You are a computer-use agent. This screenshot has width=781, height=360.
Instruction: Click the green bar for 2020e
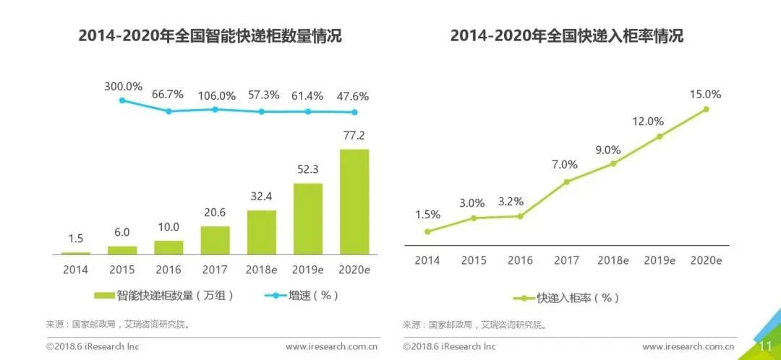click(354, 202)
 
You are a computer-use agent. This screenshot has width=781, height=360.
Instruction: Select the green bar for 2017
click(215, 240)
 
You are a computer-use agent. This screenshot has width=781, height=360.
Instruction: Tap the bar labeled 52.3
click(308, 218)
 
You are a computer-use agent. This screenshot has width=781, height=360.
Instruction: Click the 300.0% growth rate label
click(122, 86)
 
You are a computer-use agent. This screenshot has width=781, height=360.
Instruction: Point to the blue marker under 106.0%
click(215, 109)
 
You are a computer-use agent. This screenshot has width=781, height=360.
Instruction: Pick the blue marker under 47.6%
click(354, 112)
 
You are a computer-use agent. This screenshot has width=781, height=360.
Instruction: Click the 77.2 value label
click(354, 136)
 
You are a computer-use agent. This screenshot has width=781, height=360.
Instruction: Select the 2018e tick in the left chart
click(261, 270)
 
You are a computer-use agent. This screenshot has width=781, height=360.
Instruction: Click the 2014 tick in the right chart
click(427, 260)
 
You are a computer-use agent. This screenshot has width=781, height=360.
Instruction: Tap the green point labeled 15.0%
click(706, 109)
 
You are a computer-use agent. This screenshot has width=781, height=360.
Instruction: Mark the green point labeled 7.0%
click(566, 181)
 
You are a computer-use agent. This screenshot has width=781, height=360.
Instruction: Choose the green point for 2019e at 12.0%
click(660, 136)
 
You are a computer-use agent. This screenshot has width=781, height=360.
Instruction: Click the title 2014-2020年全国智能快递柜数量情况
click(210, 36)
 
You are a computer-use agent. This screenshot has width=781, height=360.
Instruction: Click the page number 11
click(764, 347)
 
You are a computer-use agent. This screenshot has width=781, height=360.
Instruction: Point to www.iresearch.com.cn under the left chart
click(331, 347)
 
